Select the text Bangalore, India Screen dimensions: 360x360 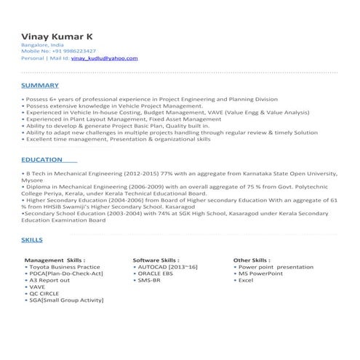(43, 45)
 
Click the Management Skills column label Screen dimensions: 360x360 (55, 260)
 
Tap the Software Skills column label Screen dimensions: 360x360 (156, 260)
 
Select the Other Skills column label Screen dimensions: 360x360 (252, 260)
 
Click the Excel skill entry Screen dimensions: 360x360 (245, 280)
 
